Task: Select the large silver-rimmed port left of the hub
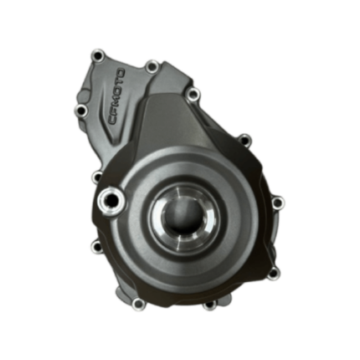pyautogui.click(x=108, y=201)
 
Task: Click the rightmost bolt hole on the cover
pyautogui.click(x=278, y=201)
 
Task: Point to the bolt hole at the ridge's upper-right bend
pyautogui.click(x=193, y=93)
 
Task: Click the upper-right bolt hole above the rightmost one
pyautogui.click(x=243, y=139)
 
